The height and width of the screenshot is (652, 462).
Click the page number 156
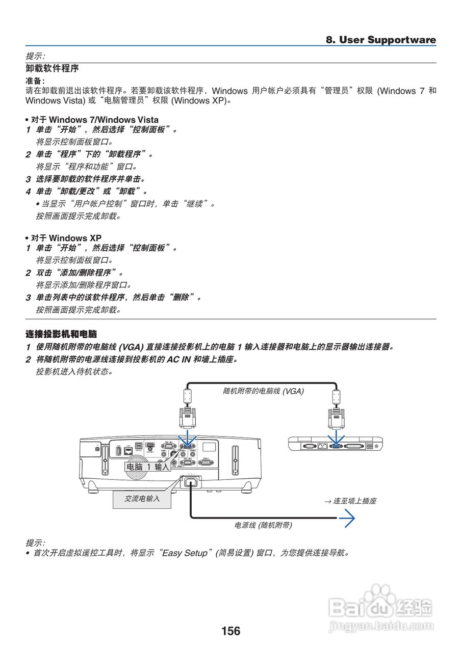point(230,631)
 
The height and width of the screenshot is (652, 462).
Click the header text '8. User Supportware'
point(381,40)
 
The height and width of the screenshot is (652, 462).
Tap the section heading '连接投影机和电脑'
point(61,334)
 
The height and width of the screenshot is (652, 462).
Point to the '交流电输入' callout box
point(142,499)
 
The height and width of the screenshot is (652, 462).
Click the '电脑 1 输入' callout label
point(147,467)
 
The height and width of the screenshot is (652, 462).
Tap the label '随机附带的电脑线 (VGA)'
point(263,391)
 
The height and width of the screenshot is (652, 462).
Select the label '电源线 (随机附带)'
point(263,525)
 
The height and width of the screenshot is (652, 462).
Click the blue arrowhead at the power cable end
point(348,518)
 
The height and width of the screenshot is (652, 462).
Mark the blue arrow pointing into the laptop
point(336,438)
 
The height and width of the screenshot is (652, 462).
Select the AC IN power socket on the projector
point(190,482)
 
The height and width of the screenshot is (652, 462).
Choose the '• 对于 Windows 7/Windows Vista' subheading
point(92,120)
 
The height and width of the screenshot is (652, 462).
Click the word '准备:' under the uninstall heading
point(35,81)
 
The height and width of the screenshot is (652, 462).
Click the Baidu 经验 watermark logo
point(381,609)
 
